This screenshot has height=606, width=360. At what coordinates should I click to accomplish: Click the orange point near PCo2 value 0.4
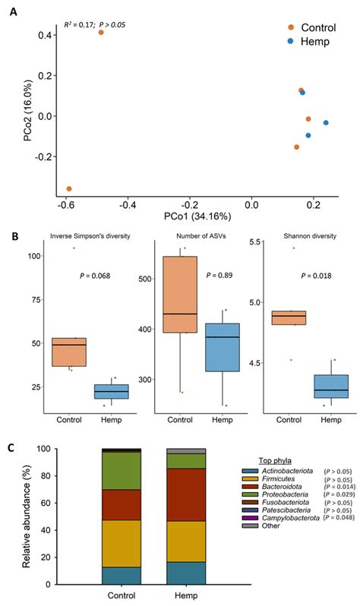(101, 32)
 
